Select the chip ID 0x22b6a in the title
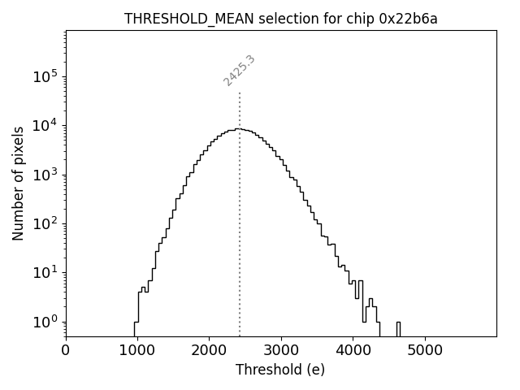(x=408, y=19)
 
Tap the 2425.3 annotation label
(x=239, y=71)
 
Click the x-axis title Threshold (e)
(x=280, y=370)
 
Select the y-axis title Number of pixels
(x=18, y=184)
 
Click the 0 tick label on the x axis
(x=66, y=351)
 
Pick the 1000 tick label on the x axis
(x=137, y=351)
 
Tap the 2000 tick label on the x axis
(x=209, y=351)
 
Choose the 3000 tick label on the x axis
(x=281, y=351)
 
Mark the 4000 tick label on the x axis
(x=353, y=351)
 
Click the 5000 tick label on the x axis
(x=425, y=351)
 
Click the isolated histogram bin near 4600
(x=398, y=327)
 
